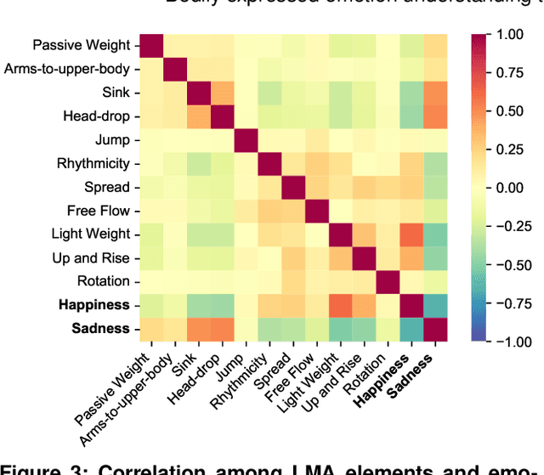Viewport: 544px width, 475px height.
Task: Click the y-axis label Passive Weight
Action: coord(82,45)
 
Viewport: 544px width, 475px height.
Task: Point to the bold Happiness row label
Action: coord(94,304)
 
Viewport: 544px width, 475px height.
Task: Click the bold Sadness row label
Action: coord(100,328)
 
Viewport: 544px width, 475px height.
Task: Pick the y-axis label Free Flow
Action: coord(98,210)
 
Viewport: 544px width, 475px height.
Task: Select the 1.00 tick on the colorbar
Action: coord(511,34)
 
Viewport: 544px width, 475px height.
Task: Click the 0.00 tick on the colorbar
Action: coord(511,188)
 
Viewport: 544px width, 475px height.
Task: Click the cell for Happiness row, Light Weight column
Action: coord(341,304)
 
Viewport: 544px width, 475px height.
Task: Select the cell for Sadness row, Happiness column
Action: coord(411,328)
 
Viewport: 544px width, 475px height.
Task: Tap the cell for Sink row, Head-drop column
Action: coord(223,92)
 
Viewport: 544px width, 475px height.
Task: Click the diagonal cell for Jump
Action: coord(246,139)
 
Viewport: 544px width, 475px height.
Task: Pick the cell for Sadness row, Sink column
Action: coord(199,328)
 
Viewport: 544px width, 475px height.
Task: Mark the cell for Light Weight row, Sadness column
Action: coord(435,234)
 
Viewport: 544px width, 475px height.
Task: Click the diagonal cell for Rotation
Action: coord(388,280)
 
